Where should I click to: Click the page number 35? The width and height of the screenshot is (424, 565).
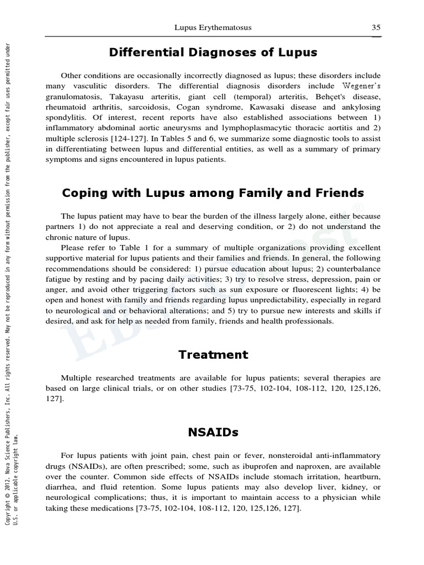pyautogui.click(x=376, y=27)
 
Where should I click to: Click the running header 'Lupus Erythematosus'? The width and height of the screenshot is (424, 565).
pyautogui.click(x=213, y=27)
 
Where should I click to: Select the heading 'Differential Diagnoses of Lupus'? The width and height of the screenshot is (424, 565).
pyautogui.click(x=213, y=52)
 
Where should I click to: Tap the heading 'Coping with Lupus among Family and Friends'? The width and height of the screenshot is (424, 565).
pyautogui.click(x=213, y=193)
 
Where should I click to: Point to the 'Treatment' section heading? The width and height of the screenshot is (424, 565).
pyautogui.click(x=213, y=354)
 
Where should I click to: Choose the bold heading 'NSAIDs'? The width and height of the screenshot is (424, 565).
pyautogui.click(x=213, y=432)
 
